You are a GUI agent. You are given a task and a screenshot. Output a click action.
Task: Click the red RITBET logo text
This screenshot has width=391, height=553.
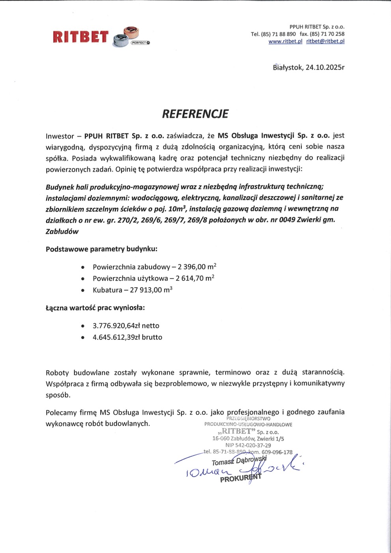80,37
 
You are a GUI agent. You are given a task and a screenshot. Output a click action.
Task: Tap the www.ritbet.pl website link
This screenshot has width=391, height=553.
285,41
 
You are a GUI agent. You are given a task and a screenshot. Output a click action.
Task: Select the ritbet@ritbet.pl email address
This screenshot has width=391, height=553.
325,41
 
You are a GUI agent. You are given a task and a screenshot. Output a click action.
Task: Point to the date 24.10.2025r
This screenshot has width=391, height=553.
325,67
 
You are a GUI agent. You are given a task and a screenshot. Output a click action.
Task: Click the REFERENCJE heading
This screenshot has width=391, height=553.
195,114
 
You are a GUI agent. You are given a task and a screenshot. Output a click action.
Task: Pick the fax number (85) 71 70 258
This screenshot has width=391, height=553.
327,34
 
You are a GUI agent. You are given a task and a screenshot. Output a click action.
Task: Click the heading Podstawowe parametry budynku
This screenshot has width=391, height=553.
101,249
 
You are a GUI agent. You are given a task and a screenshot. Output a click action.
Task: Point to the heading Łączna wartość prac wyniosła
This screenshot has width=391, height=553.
95,307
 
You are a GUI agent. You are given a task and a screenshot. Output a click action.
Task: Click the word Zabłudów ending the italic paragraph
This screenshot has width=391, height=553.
62,232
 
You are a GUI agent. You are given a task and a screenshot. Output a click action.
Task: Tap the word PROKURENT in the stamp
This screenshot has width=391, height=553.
240,478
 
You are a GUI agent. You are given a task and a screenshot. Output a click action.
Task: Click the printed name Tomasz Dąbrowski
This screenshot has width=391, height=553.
239,461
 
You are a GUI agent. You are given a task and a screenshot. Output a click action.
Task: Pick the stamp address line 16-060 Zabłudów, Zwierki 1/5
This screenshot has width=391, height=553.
248,439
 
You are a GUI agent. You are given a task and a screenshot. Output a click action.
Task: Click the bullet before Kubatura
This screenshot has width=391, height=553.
83,290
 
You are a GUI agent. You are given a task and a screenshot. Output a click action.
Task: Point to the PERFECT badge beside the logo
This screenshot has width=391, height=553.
140,43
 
